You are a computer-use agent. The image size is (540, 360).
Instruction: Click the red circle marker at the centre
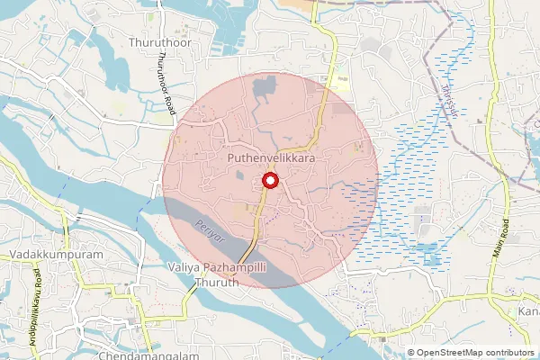pos(269,182)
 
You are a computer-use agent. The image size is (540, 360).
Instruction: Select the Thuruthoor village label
pos(157,42)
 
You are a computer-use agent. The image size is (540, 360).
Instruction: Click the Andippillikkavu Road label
pos(39,293)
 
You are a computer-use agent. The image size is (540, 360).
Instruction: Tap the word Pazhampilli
pos(235,267)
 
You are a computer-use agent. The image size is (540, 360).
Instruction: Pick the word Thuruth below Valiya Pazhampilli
pos(216,282)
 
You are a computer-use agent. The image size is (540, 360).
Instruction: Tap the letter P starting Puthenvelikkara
pos(231,157)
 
